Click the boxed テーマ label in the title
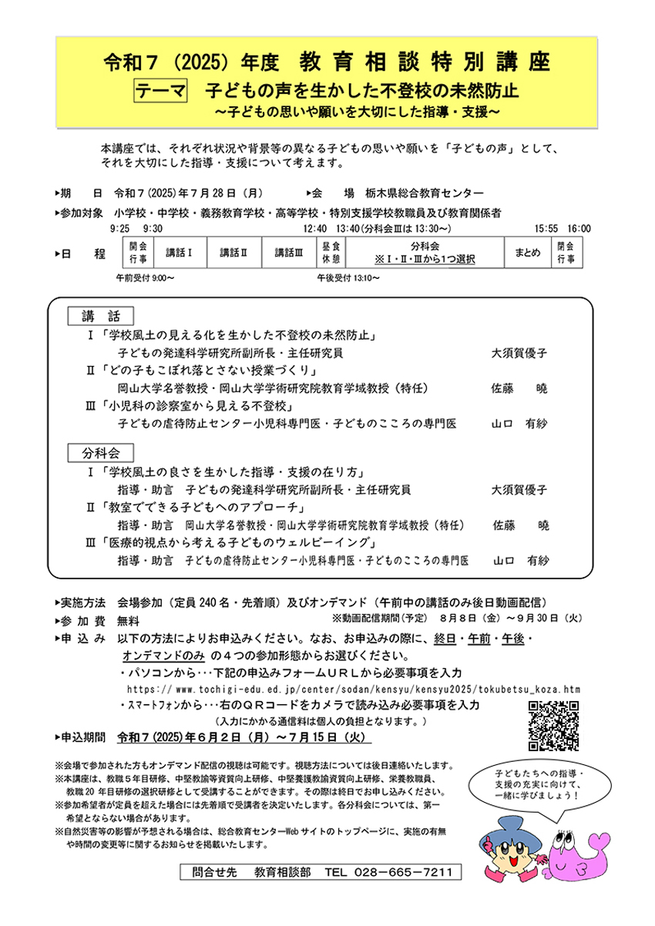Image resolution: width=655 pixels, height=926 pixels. click(x=161, y=91)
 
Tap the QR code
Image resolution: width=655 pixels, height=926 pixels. click(x=553, y=726)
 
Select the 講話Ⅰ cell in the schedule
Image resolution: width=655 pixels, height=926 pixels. click(x=178, y=252)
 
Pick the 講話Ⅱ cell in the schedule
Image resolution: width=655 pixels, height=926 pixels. click(x=233, y=252)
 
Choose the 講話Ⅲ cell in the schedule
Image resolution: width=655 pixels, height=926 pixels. click(x=289, y=252)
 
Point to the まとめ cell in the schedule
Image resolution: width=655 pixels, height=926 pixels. click(x=528, y=252)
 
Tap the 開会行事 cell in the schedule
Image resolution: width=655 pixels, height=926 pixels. click(x=138, y=252)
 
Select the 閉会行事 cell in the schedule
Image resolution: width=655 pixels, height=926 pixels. click(x=567, y=252)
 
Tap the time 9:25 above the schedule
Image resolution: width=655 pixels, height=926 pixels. click(x=119, y=229)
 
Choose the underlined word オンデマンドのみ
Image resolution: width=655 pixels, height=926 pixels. click(x=163, y=656)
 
